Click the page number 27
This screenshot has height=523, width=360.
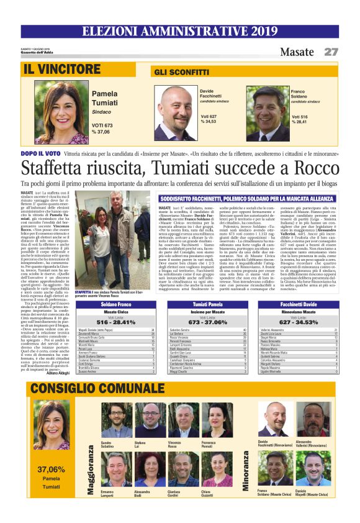tap(331, 52)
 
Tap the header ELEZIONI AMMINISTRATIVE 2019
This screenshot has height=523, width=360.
tap(179, 31)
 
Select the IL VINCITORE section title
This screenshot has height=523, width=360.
tap(61, 69)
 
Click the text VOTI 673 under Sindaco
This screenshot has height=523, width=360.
tap(102, 125)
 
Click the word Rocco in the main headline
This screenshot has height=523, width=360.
tap(314, 168)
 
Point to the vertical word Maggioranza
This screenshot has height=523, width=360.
tap(91, 469)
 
